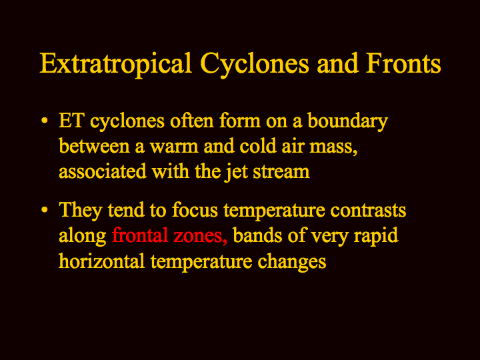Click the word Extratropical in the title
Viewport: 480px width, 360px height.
tap(116, 65)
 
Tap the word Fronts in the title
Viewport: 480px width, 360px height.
tap(403, 63)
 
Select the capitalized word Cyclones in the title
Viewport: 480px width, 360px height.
tap(255, 65)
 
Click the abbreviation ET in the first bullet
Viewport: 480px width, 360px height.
tap(71, 121)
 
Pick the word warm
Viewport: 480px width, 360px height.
tap(174, 147)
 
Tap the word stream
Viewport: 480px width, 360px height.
tap(281, 172)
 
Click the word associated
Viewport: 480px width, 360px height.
tap(103, 171)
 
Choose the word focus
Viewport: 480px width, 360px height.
tap(195, 210)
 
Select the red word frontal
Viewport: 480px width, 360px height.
tap(140, 235)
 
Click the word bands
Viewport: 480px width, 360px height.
tap(257, 235)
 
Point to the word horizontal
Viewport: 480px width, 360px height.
tap(101, 261)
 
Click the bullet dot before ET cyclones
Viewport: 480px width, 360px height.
tap(45, 120)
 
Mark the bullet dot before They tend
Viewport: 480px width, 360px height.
tap(45, 210)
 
